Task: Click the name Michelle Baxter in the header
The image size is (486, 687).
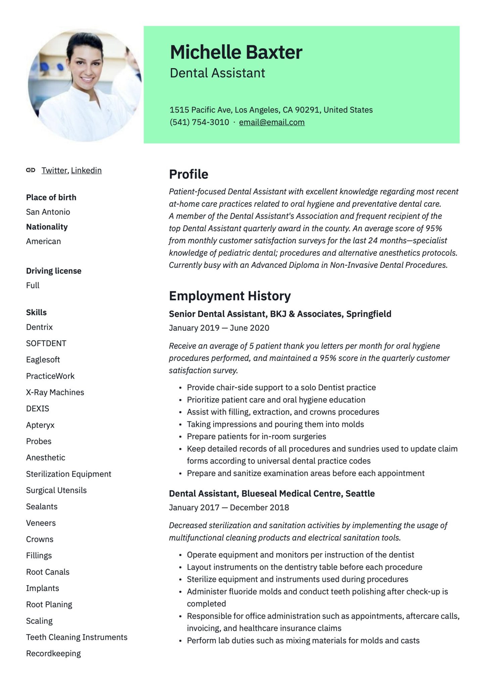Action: pos(236,52)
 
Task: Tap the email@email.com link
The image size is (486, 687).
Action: pos(272,122)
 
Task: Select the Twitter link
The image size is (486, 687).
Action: pos(54,170)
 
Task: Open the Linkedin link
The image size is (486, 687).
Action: pos(86,170)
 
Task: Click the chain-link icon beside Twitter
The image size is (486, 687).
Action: pos(31,170)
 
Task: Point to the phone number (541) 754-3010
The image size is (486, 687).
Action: pos(199,122)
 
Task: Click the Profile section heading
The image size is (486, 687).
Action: pos(188,174)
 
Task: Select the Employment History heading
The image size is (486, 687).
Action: pos(230,296)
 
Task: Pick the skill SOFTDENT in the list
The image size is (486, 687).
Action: pos(46,343)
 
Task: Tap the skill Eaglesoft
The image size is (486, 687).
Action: pos(43,360)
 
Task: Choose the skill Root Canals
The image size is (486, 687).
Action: pos(48,572)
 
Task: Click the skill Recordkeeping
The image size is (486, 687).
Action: pos(53,653)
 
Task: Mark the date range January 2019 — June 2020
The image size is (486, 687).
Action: pos(219,328)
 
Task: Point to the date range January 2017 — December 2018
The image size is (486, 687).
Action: pos(229,507)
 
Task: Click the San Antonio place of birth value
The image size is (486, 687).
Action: pos(48,212)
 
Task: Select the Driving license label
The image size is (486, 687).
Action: pos(54,271)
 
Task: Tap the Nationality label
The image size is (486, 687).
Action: pos(47,227)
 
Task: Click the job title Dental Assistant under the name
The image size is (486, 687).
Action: pos(217,73)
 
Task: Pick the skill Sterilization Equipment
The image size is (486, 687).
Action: pos(68,474)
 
